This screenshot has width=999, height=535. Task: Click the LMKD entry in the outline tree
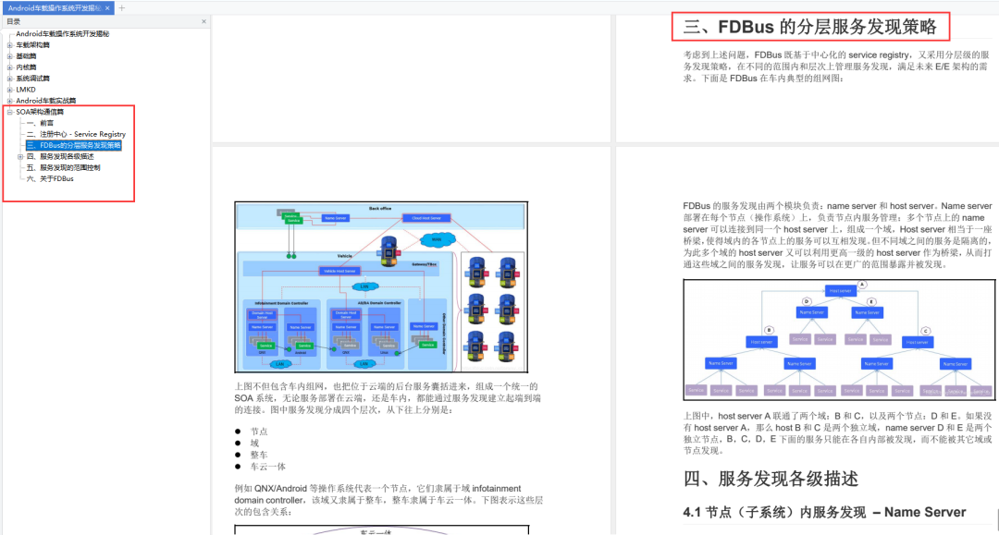pos(25,90)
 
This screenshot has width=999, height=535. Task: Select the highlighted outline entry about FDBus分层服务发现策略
pos(74,145)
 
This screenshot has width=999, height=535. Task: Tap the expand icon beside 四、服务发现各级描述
pos(20,156)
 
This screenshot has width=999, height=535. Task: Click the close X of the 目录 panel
pos(203,21)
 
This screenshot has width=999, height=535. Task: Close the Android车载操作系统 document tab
pos(107,7)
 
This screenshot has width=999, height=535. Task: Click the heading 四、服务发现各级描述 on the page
pos(771,478)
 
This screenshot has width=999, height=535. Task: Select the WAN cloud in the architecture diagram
pos(433,240)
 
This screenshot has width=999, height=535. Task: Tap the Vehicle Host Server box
pos(339,271)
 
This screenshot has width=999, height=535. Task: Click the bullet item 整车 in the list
pos(258,455)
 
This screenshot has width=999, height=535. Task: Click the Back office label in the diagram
pos(380,209)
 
